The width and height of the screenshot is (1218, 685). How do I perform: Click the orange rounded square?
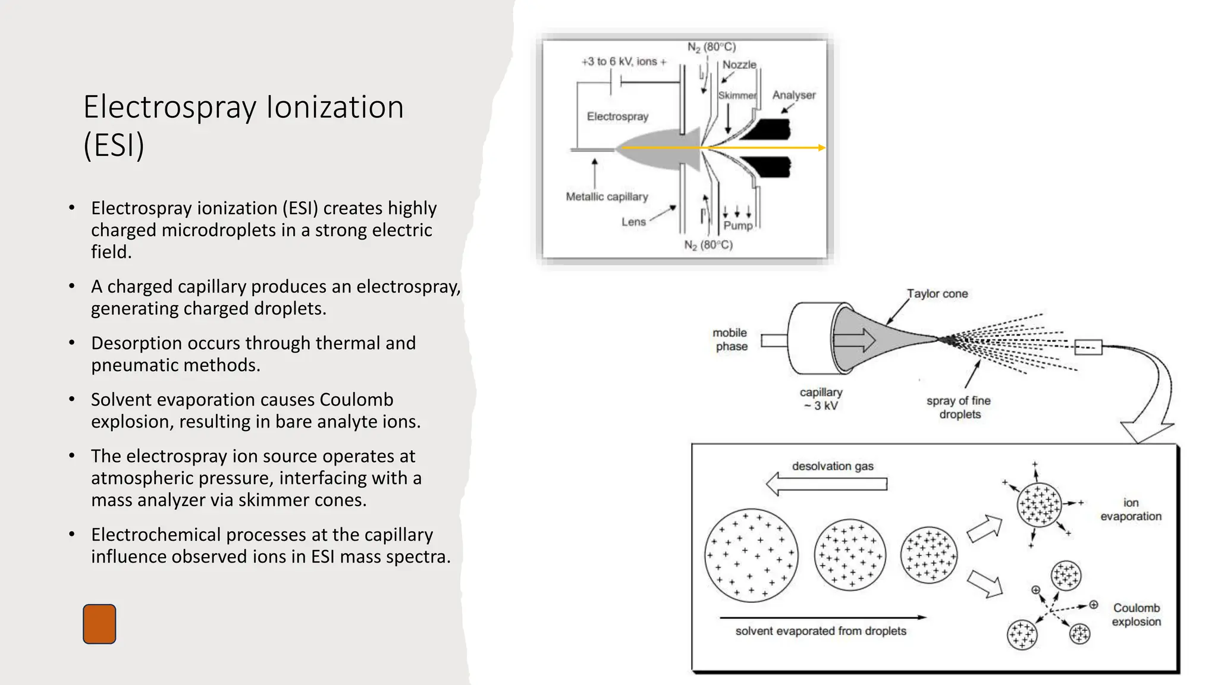pos(99,624)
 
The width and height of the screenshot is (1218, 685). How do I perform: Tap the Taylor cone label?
pos(937,294)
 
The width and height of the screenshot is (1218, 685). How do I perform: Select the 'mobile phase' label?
pos(730,340)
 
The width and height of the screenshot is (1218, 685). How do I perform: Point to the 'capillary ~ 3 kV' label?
pos(821,399)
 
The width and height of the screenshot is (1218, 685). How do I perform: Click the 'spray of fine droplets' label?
pos(959,407)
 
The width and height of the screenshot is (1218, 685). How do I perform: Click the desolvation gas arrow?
pos(827,484)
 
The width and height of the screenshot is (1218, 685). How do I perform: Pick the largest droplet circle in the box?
pos(751,555)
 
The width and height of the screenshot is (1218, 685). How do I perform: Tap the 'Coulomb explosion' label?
pos(1136,615)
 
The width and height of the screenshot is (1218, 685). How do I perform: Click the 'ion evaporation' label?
pos(1131,510)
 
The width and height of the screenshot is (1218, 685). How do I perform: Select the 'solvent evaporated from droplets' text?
pos(821,631)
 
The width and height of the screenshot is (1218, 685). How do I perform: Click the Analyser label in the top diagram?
pos(793,95)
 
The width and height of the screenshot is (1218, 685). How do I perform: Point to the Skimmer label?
pos(737,96)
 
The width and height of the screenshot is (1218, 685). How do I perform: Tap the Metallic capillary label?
pos(607,197)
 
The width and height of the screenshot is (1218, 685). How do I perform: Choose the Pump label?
pos(738,225)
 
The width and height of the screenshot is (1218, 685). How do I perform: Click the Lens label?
pos(633,222)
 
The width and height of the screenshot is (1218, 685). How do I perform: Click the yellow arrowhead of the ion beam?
pos(822,147)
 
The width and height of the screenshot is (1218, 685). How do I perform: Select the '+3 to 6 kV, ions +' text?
pos(623,62)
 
